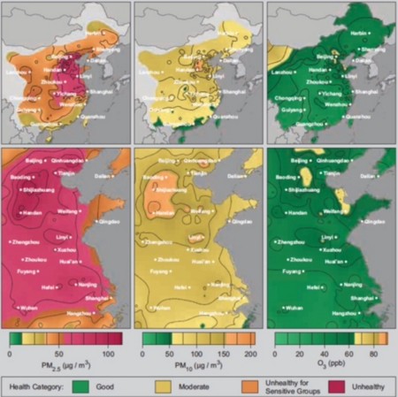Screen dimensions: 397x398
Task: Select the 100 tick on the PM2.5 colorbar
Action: pos(108,353)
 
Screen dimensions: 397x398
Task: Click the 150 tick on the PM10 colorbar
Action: pos(226,353)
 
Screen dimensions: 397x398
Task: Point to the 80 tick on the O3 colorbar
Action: pos(374,353)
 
